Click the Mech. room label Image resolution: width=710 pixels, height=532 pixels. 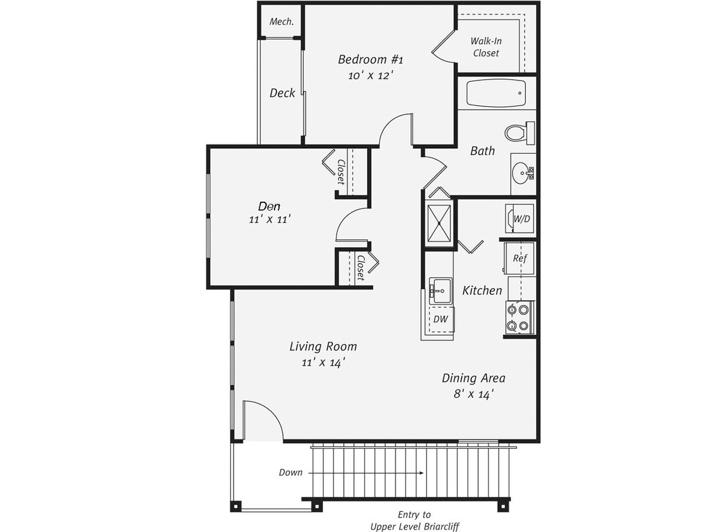[281, 21]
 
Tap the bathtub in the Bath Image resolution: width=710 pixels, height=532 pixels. [495, 93]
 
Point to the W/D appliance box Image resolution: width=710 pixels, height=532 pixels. [521, 219]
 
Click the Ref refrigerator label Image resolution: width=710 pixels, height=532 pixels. [519, 258]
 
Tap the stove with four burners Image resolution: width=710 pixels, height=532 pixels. [519, 317]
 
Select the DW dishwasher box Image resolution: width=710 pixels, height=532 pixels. [441, 320]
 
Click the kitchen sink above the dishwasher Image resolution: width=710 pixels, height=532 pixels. [441, 291]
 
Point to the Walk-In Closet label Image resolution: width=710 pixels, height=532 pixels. [485, 47]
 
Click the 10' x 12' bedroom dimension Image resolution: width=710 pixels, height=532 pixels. [370, 75]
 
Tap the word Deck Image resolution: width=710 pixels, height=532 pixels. [282, 93]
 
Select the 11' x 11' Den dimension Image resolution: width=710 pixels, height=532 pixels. [269, 219]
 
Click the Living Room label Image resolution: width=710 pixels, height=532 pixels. [323, 347]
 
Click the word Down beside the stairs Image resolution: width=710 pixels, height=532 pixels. [290, 472]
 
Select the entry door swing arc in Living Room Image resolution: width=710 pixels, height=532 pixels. [268, 413]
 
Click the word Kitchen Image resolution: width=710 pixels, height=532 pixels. [482, 291]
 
